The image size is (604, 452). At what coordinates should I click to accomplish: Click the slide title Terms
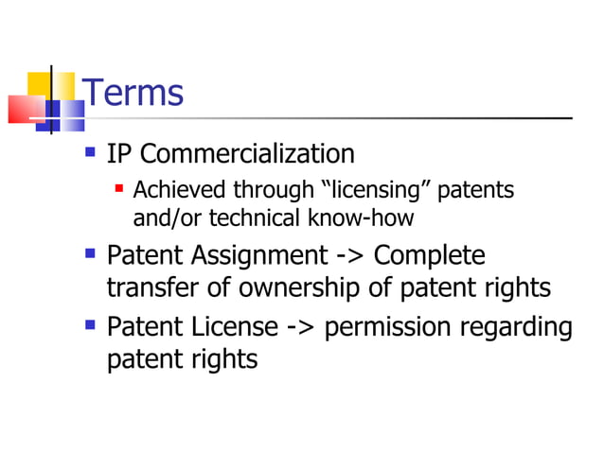[133, 93]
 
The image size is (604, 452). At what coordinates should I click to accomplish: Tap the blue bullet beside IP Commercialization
[91, 151]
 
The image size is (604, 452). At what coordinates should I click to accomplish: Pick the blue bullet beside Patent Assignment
[91, 253]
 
